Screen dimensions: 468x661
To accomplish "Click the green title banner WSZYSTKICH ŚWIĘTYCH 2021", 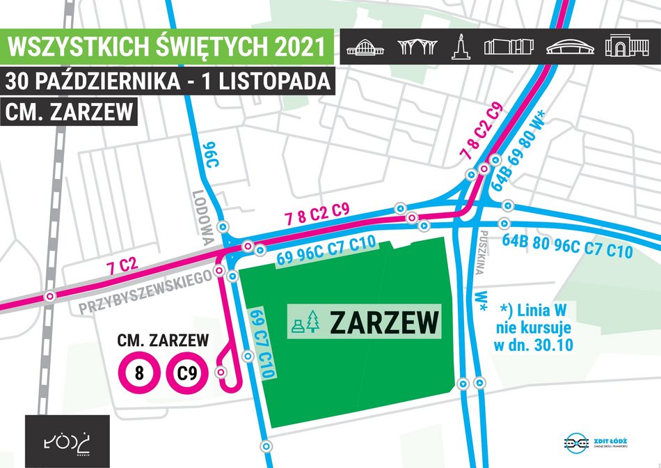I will tap(165, 46).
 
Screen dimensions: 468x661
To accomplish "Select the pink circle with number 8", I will tap(139, 373).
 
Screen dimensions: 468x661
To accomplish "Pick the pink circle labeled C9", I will tap(187, 373).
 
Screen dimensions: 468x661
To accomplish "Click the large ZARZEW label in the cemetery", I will tap(383, 322).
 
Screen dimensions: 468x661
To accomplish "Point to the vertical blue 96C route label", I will tap(206, 154).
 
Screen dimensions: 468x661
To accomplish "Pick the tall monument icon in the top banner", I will tap(459, 46).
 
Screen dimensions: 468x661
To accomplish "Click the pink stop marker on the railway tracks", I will tap(49, 296).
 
